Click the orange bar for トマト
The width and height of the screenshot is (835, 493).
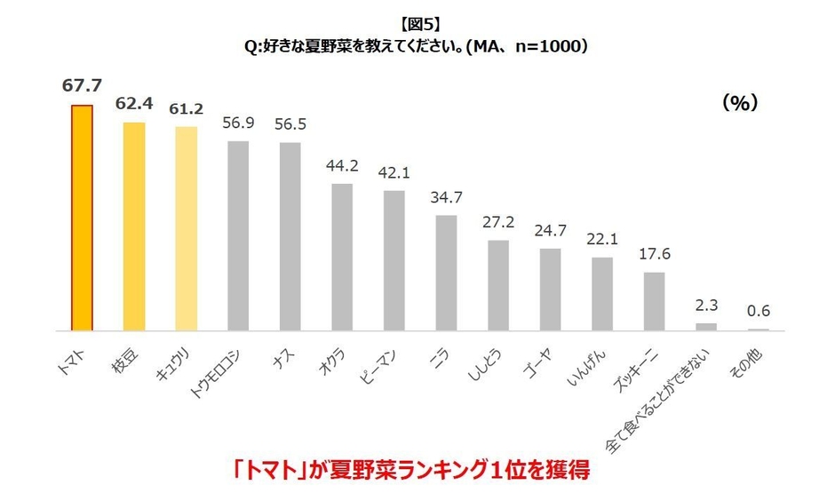pos(82,218)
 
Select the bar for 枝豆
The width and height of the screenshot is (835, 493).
pos(134,226)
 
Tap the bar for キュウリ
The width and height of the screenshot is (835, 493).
pos(186,228)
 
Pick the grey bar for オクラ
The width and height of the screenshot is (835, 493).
pos(342,257)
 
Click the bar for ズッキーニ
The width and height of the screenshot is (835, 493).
pos(654,301)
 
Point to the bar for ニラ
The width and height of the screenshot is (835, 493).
pos(446,273)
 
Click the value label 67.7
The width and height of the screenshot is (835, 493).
pos(82,85)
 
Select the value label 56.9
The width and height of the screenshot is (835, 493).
pos(238,123)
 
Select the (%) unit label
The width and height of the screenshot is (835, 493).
pos(739,103)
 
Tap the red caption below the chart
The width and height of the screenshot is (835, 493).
pos(416,467)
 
